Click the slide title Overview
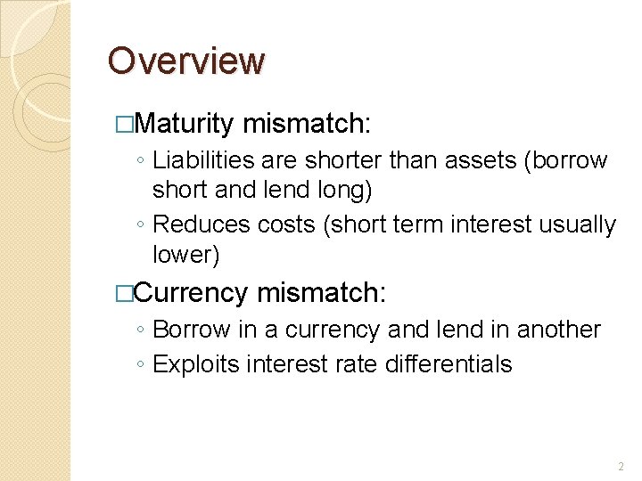pos(186,61)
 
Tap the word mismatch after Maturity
pos(306,123)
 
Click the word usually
pos(577,224)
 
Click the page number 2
pos(621,467)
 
